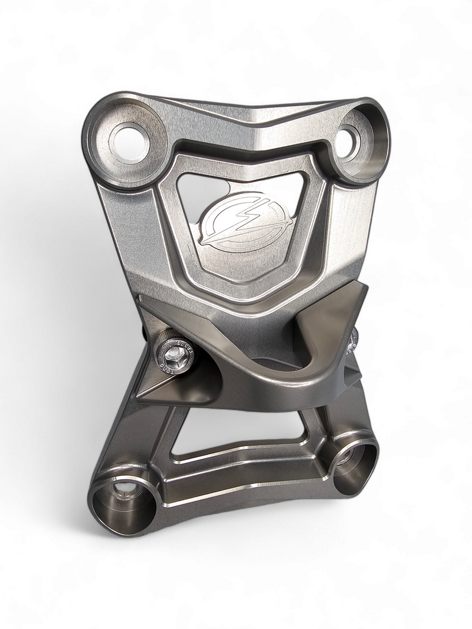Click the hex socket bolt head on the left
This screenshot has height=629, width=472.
[173, 354]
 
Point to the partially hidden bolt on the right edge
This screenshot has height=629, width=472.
[355, 339]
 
